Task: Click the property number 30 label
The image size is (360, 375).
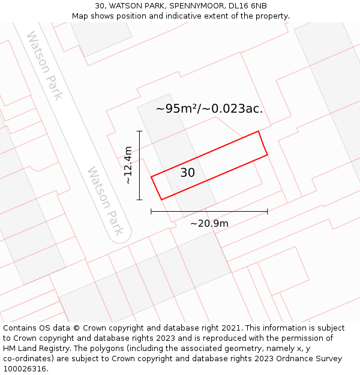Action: click(x=187, y=173)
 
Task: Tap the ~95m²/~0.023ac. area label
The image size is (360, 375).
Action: click(x=209, y=109)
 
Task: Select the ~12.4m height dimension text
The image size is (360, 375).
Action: click(x=128, y=166)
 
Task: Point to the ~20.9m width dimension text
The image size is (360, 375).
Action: click(x=209, y=223)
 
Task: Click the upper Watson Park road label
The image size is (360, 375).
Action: click(x=45, y=66)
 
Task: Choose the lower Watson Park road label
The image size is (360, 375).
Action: click(x=109, y=200)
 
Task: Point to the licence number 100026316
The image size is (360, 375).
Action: click(x=25, y=369)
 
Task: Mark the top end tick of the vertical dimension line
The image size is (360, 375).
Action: click(x=139, y=131)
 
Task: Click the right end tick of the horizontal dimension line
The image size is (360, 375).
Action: click(x=267, y=211)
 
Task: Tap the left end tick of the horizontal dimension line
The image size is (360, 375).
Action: click(x=151, y=211)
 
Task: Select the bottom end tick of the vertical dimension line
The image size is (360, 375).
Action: click(x=139, y=200)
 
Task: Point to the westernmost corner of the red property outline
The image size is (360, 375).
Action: click(x=151, y=177)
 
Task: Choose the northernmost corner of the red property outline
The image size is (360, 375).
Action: click(x=258, y=131)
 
